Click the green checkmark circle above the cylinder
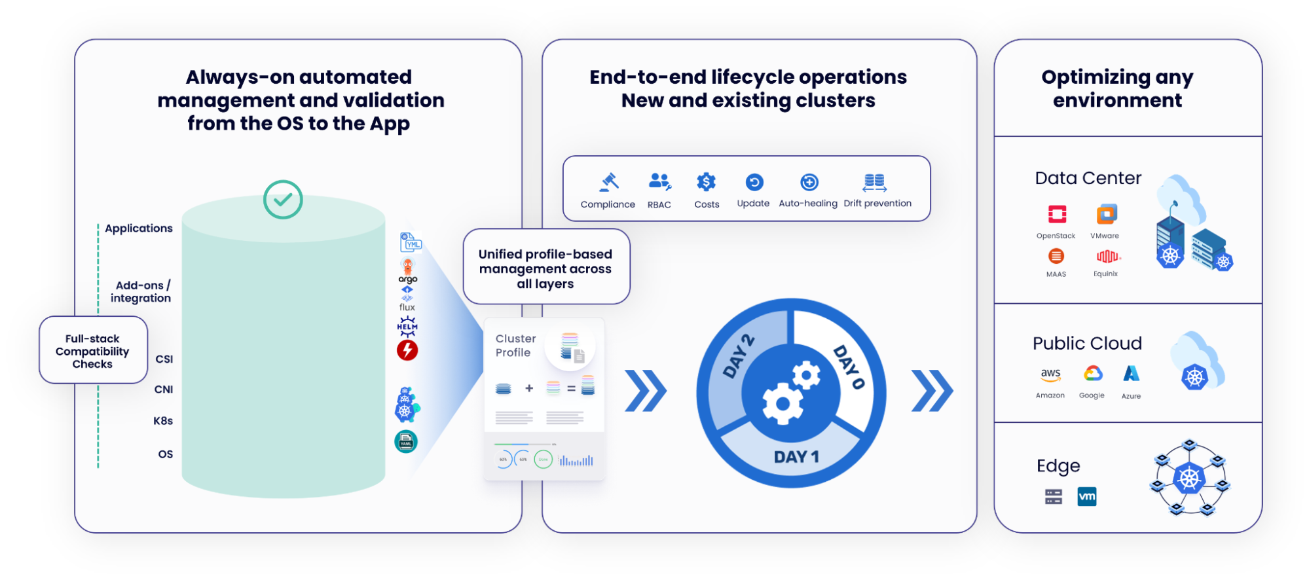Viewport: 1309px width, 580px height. click(x=283, y=200)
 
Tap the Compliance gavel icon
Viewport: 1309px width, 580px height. click(x=609, y=181)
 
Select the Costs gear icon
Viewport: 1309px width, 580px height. click(x=706, y=181)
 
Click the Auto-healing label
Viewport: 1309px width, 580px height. click(x=807, y=204)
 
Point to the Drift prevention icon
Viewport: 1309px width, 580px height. click(x=875, y=183)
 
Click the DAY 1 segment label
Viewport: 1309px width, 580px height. click(x=796, y=457)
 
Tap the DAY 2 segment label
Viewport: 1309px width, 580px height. click(x=739, y=356)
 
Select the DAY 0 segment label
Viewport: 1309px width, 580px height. click(x=849, y=367)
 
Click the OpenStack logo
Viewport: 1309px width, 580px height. click(x=1057, y=214)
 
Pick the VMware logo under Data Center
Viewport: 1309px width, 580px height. click(x=1107, y=214)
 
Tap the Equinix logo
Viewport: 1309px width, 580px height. click(x=1107, y=256)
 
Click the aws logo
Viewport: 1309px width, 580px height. click(x=1050, y=374)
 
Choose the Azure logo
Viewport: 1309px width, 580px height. click(x=1131, y=373)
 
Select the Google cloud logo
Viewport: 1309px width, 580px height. click(x=1092, y=373)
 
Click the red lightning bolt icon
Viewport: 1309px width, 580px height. click(x=407, y=350)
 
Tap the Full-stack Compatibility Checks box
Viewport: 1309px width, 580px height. click(x=93, y=350)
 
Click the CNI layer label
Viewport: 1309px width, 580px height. click(x=164, y=390)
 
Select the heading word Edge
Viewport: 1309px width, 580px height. click(x=1058, y=466)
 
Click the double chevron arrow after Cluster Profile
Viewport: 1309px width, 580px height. click(x=646, y=391)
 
